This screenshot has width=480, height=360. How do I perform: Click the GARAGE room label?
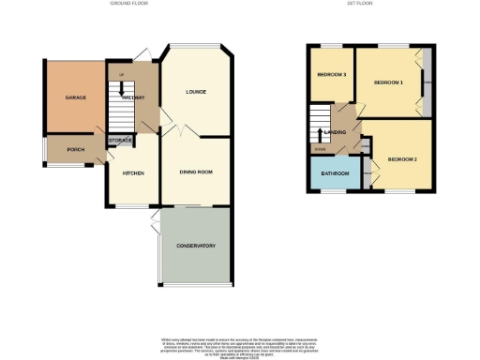coord(76,97)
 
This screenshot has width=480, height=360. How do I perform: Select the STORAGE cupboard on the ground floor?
coord(120,140)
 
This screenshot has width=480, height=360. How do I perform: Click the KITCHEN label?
coord(132,172)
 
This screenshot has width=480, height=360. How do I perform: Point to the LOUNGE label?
coord(196,92)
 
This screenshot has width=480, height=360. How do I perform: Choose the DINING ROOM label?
coord(196,172)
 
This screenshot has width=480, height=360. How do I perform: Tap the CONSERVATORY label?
coord(196,246)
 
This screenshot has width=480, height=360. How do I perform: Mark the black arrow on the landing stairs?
coord(322,131)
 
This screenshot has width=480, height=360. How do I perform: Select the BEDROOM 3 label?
coord(331,75)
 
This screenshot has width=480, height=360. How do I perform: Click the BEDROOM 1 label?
coord(388,82)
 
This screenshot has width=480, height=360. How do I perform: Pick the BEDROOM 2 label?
coord(401,159)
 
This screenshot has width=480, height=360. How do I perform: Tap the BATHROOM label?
coord(334,173)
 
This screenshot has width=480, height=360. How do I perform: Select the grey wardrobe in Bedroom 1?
coord(426,83)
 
